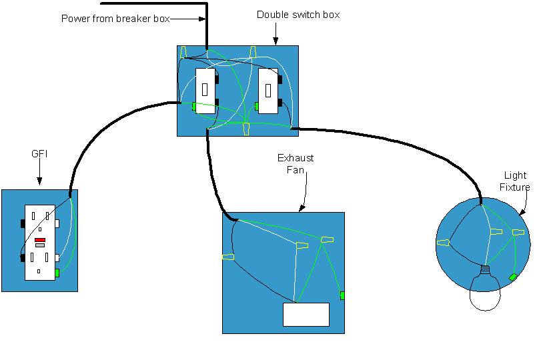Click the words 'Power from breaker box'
pos(114,19)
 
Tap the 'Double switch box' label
pos(298,14)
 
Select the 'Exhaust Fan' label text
pos(296,163)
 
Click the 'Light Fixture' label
pos(516,179)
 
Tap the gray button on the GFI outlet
pos(40,245)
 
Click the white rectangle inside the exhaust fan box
pos(306,315)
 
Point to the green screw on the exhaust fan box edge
pos(343,295)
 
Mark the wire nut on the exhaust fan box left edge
pos(228,257)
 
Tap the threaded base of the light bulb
pos(486,271)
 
